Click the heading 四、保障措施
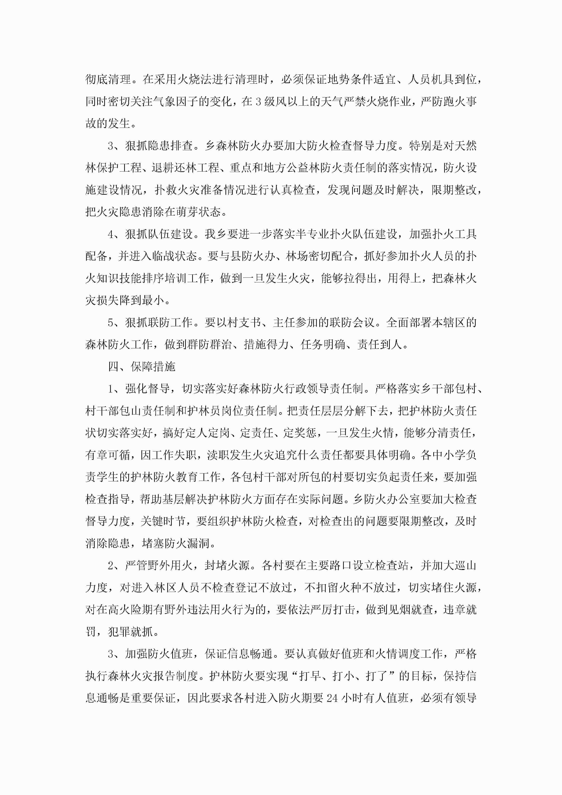coord(142,366)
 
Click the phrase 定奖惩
coord(300,433)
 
